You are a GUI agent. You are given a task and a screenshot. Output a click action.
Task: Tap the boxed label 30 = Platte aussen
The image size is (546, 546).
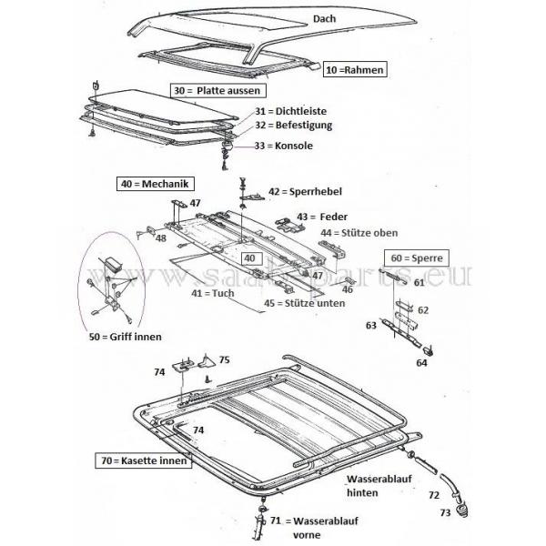click(218, 90)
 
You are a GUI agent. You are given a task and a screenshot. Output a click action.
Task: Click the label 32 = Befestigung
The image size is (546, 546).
click(294, 126)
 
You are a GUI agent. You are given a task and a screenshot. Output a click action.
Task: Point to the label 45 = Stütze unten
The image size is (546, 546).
click(290, 303)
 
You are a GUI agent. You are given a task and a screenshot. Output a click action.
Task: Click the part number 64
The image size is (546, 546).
click(421, 363)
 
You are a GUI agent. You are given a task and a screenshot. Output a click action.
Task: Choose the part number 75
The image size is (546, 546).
click(225, 359)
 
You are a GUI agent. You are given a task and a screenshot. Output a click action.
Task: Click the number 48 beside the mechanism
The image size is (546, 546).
click(160, 238)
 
